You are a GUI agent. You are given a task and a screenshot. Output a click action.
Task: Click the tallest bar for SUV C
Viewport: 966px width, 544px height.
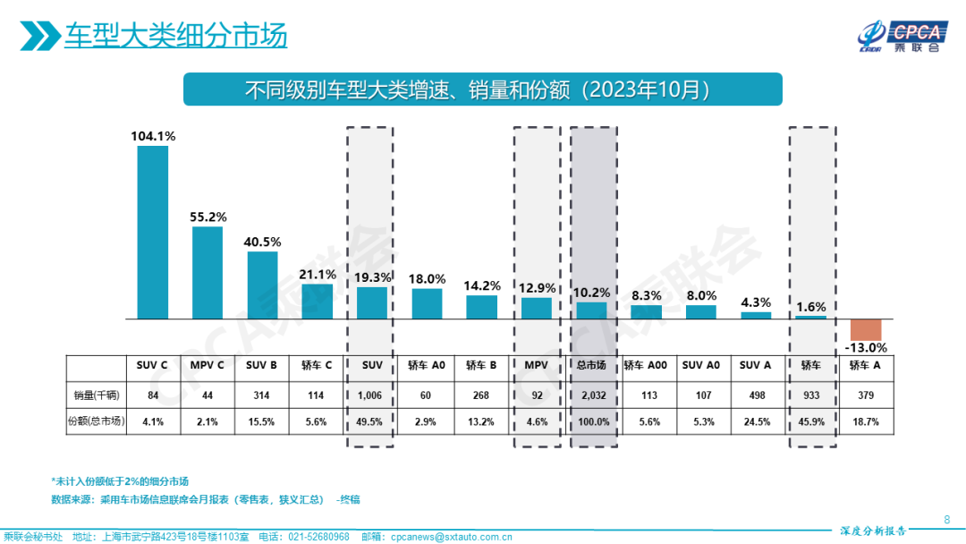pyautogui.click(x=152, y=232)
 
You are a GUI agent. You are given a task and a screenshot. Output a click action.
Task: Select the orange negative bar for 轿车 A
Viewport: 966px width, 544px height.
pyautogui.click(x=865, y=328)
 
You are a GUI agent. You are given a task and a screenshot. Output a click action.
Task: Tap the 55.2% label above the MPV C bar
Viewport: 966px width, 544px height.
pyautogui.click(x=208, y=217)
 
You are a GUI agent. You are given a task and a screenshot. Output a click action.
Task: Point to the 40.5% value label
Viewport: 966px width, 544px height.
pyautogui.click(x=262, y=242)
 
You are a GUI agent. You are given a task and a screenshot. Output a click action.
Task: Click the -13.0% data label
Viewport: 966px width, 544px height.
pyautogui.click(x=866, y=348)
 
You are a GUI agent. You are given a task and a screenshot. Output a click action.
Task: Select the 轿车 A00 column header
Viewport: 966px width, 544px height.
pyautogui.click(x=645, y=365)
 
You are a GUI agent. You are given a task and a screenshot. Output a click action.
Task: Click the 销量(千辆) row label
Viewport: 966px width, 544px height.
pyautogui.click(x=95, y=395)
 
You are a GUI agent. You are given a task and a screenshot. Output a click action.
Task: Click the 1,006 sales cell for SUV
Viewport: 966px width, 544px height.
pyautogui.click(x=371, y=395)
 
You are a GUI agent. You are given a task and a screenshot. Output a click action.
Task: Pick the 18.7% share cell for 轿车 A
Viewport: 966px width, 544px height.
pyautogui.click(x=865, y=421)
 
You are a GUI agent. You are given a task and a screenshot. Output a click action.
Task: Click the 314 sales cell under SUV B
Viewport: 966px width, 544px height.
pyautogui.click(x=262, y=395)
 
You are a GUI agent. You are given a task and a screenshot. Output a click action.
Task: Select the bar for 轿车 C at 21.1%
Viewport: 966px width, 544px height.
pyautogui.click(x=317, y=301)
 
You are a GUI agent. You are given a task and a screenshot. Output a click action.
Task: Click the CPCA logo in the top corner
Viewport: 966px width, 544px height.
pyautogui.click(x=898, y=36)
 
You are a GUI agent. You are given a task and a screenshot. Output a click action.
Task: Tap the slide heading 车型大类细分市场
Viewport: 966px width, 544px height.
pyautogui.click(x=175, y=36)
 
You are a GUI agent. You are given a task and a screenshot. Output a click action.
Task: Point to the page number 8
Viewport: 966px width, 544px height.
pyautogui.click(x=947, y=519)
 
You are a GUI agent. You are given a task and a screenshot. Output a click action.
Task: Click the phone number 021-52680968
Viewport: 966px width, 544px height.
pyautogui.click(x=317, y=537)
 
